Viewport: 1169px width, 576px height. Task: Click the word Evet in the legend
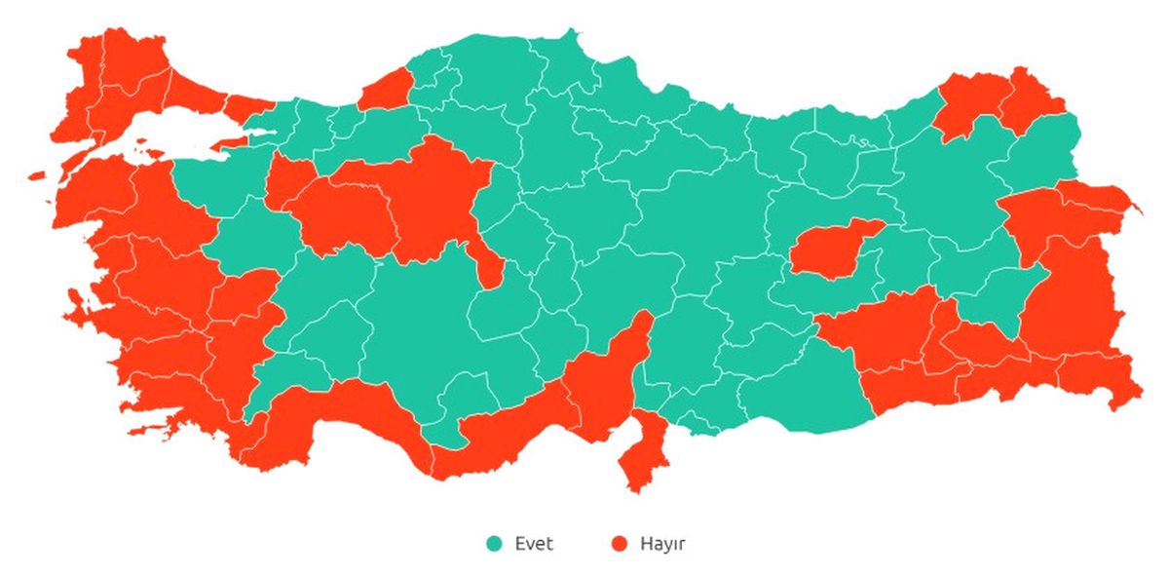(x=534, y=544)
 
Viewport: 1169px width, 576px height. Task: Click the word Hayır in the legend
(x=662, y=544)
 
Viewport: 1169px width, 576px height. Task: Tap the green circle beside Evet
(x=495, y=544)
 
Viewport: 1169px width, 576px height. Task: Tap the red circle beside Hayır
(x=619, y=544)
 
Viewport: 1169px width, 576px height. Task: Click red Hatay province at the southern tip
(x=640, y=453)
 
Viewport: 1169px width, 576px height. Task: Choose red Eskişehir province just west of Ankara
(x=341, y=214)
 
